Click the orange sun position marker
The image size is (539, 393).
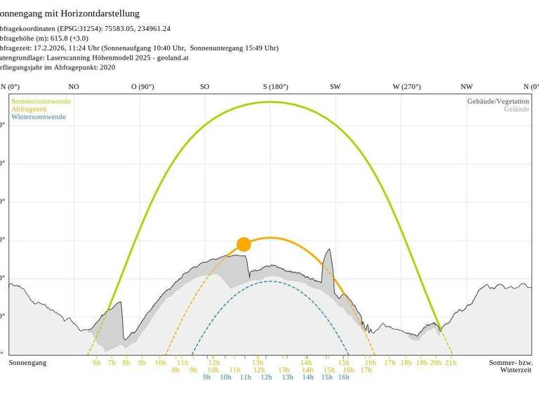(x=244, y=244)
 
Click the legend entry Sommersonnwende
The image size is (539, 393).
(x=40, y=101)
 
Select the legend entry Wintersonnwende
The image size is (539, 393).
(x=39, y=116)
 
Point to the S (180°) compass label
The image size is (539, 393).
(x=276, y=87)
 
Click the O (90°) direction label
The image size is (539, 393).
(x=142, y=87)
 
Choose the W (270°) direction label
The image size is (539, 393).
(x=406, y=87)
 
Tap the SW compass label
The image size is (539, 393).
(x=335, y=87)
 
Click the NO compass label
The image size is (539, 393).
(x=74, y=87)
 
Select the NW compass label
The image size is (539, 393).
(x=467, y=87)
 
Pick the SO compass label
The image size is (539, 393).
(x=204, y=87)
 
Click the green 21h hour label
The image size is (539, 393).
(x=451, y=363)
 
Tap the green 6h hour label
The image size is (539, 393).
(x=97, y=363)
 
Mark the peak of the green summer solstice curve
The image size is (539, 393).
(x=270, y=102)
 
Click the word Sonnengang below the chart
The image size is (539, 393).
(x=28, y=363)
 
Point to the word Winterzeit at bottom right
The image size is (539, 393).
(x=516, y=370)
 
